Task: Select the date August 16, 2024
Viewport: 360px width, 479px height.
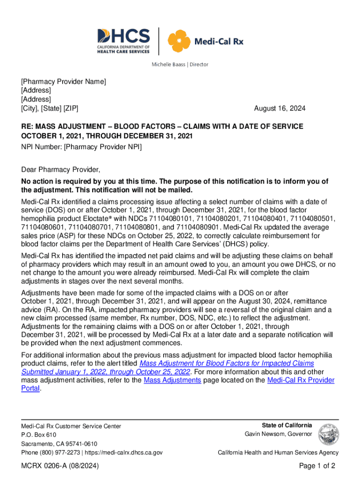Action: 280,109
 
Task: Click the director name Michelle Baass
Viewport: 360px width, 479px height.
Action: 166,64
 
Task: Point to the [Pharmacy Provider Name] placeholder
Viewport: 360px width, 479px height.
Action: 64,82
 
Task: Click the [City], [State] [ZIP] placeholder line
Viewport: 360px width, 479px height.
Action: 50,109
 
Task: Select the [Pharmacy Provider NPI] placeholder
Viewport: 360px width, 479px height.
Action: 102,147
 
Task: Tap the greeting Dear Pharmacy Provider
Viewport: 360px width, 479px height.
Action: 61,169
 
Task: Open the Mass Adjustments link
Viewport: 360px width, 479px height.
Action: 173,380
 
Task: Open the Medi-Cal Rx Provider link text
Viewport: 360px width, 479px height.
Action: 301,380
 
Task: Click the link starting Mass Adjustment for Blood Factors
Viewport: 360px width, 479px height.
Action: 227,363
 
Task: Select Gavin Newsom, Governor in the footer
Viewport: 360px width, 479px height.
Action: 279,434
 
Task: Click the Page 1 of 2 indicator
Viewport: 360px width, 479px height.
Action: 317,466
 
